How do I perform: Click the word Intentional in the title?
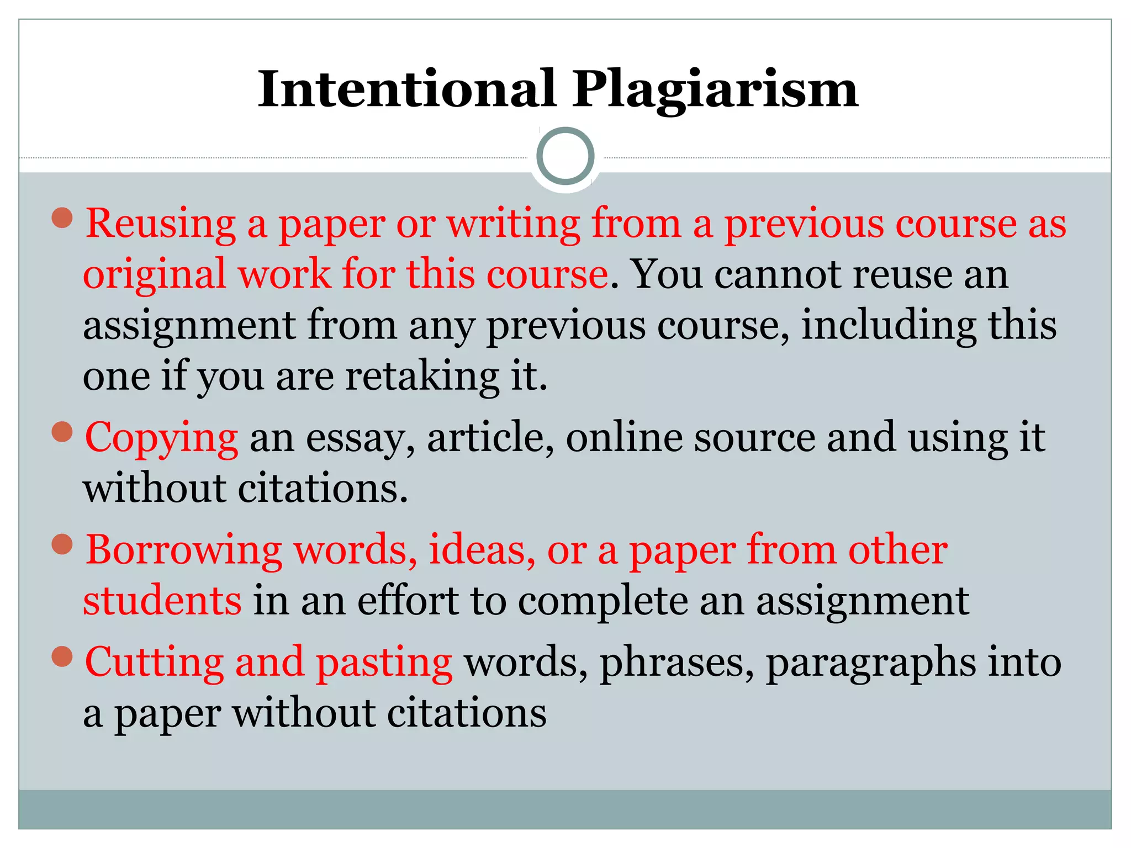[x=407, y=89]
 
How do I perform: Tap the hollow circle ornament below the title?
[x=565, y=156]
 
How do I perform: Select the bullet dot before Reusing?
[x=62, y=218]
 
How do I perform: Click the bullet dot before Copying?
[x=62, y=432]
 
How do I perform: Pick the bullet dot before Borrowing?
[x=62, y=544]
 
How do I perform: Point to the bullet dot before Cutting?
[x=62, y=657]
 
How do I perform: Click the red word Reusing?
[x=161, y=224]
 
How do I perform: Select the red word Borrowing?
[x=184, y=551]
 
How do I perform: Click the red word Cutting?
[x=154, y=661]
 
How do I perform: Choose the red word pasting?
[x=384, y=664]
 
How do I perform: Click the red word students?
[x=162, y=601]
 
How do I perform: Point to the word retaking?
[x=422, y=378]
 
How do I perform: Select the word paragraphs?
[x=870, y=665]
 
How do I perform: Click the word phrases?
[x=677, y=664]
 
